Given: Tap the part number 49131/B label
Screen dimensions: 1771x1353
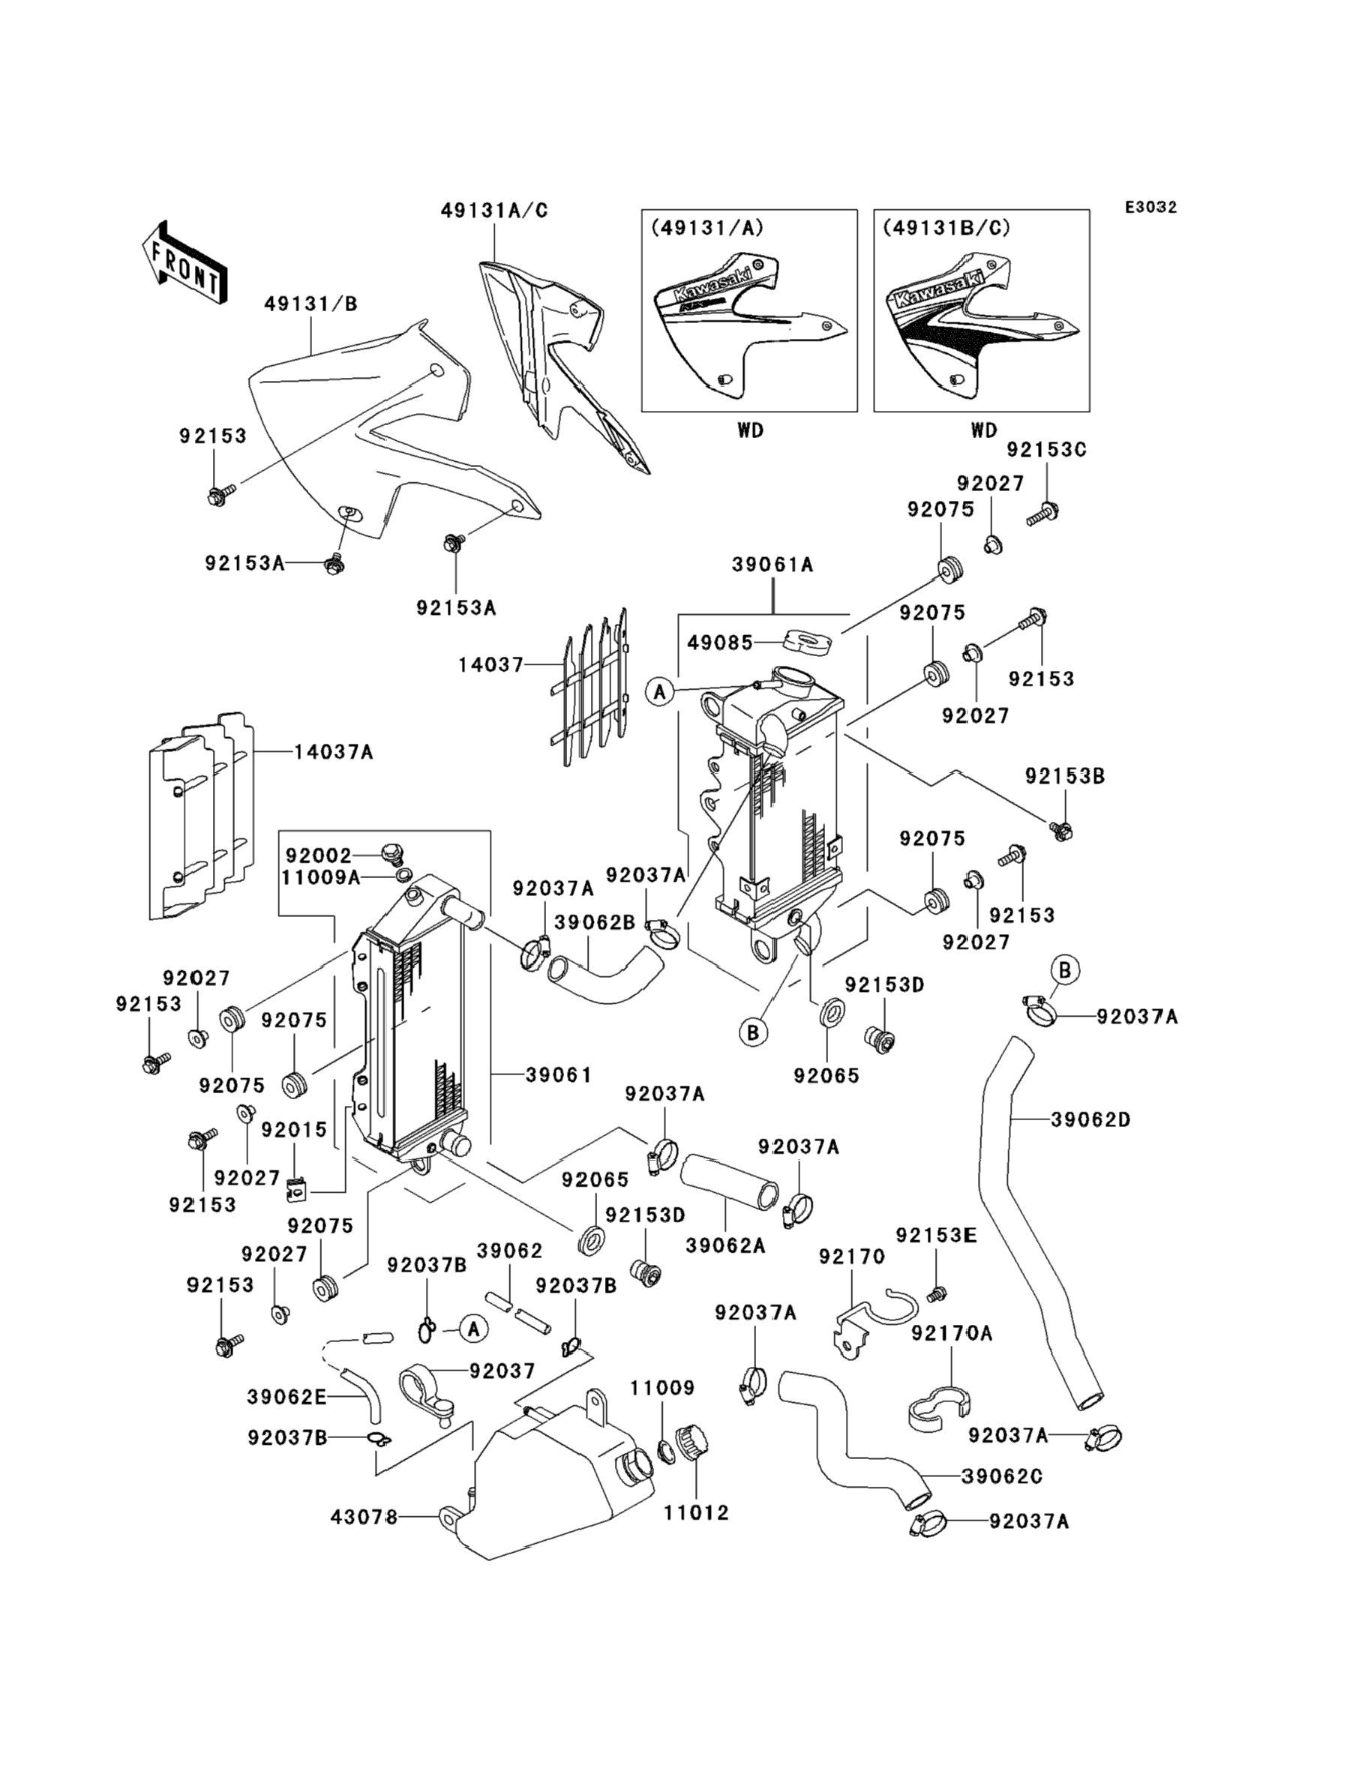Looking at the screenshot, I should pos(310,304).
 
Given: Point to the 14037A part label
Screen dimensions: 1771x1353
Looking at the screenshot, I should pos(334,752).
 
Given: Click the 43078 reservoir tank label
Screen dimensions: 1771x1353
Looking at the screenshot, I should pos(364,1518).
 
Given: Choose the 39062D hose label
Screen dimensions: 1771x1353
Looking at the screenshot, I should pos(1090,1119).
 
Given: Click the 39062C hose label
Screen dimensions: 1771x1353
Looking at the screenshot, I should pos(1002,1476).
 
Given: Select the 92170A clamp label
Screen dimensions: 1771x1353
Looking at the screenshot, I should pos(952,1334).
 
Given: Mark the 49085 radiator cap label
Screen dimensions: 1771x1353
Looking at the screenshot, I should pos(720,643).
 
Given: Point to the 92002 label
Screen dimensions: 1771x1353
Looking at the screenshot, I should pos(318,856).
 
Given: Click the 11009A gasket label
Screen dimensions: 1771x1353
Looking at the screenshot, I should pos(320,877).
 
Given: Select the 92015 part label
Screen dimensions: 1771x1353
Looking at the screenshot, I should pos(294,1130).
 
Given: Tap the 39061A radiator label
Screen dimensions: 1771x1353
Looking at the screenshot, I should pos(772,565).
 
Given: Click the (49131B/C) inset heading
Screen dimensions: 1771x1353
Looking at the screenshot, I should pos(946,228).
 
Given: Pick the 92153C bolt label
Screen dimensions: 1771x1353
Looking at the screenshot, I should pos(1046,450).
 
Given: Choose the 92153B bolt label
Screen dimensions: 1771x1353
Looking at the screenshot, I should pos(1065,776).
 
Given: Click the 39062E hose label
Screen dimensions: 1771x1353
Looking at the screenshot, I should pos(286,1397).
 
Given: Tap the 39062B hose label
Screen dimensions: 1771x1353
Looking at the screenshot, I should pos(594,922).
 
